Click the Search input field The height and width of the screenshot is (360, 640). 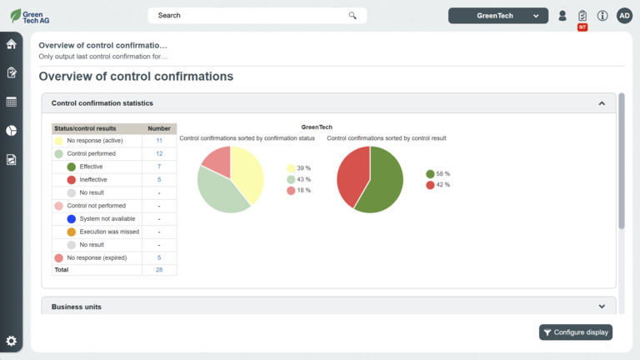click(x=250, y=15)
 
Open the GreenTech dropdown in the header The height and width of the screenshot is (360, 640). click(x=498, y=15)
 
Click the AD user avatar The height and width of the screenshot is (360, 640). click(x=624, y=15)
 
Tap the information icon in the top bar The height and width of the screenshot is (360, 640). click(x=602, y=15)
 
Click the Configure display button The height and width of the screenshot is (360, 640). click(x=576, y=332)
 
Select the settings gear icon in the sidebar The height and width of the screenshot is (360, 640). click(x=11, y=341)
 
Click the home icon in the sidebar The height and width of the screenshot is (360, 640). click(x=11, y=44)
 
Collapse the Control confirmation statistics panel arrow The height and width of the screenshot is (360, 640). click(x=602, y=103)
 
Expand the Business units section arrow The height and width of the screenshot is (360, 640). click(x=602, y=307)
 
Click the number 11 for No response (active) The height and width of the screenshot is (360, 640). click(x=159, y=141)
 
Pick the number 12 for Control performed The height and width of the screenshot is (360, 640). click(x=159, y=154)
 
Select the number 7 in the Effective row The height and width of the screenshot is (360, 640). click(x=159, y=167)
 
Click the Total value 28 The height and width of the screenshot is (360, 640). click(x=159, y=270)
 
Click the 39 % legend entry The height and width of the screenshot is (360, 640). click(x=298, y=168)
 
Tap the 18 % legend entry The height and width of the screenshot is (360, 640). click(x=298, y=190)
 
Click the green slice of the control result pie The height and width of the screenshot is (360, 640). click(x=383, y=183)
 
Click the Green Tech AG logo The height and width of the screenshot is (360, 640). click(x=30, y=15)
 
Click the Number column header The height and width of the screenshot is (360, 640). click(x=159, y=128)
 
